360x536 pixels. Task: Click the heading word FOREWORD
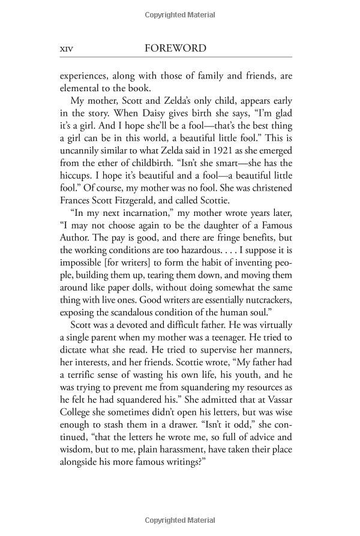[176, 49]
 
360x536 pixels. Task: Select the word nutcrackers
[261, 309]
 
